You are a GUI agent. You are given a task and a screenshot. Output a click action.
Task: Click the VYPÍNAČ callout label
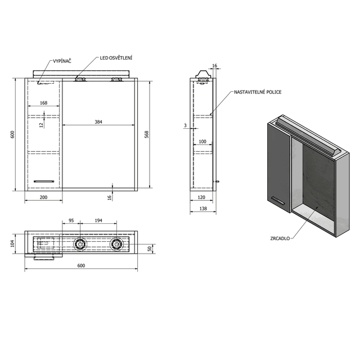62,61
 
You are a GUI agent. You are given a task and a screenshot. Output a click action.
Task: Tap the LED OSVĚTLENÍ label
116,58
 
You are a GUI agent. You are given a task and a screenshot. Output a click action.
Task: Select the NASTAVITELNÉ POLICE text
258,92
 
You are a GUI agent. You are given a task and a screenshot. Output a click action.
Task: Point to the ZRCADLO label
280,238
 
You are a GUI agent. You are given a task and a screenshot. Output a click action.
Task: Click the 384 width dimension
98,122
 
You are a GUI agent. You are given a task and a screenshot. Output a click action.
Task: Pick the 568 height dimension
147,134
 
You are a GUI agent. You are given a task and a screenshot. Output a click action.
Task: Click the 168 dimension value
44,103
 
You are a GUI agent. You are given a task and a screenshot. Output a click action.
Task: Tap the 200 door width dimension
44,197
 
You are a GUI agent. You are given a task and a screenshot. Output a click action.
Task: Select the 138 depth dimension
203,209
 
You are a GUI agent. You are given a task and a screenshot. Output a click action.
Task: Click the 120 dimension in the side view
201,197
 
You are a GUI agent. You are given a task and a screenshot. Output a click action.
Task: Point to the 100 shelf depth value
202,141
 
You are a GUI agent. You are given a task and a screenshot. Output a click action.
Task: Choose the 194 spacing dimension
98,220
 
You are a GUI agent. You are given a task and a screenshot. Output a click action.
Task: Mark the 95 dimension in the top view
71,220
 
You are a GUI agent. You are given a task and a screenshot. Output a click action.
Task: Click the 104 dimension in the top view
12,244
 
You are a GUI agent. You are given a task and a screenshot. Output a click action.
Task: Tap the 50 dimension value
150,249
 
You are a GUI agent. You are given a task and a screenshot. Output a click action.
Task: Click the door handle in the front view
44,181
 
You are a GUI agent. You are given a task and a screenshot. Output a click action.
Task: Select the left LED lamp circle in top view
80,244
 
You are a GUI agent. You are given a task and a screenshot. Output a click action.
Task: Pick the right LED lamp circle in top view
116,244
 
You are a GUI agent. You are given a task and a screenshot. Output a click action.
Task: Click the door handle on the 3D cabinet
278,200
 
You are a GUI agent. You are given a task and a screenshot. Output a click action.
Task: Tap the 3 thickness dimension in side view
185,125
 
